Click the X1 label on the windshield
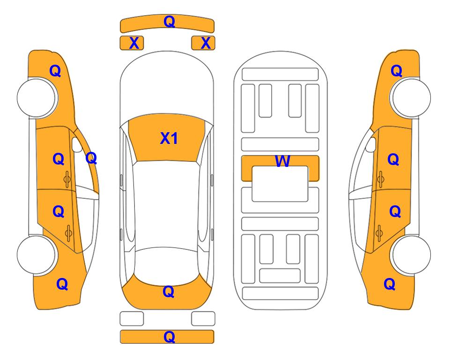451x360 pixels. coord(169,138)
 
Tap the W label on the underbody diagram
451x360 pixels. coord(282,161)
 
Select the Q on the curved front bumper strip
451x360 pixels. coord(169,21)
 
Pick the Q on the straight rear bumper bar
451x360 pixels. coord(169,337)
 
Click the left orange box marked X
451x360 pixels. coord(132,43)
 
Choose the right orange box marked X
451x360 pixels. coord(203,43)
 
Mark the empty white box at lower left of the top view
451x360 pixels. coord(132,319)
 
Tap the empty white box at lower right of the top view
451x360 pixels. coord(203,319)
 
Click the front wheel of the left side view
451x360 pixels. coord(37,97)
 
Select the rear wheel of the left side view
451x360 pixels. coord(37,255)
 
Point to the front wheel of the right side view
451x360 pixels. coord(410,97)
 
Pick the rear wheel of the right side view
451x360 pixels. coord(410,255)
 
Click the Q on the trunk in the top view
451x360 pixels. coord(168,292)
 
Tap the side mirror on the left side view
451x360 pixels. coord(77,145)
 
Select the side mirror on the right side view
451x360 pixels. coord(371,145)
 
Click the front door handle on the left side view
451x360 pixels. coord(67,179)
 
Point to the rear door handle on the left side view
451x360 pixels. coord(68,233)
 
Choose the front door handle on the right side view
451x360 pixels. coord(380,179)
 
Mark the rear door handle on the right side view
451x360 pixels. coord(379,233)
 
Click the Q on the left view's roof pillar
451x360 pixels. coord(91,158)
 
